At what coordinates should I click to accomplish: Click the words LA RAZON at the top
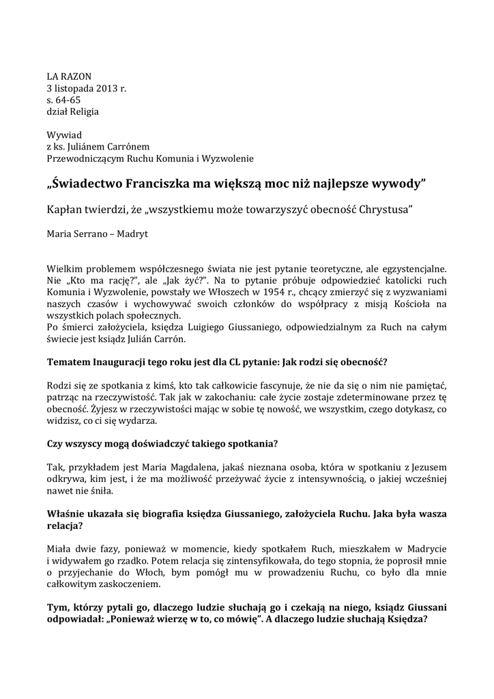tap(68, 76)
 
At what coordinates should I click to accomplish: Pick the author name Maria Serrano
tap(77, 233)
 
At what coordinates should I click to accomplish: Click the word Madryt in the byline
tap(133, 233)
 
